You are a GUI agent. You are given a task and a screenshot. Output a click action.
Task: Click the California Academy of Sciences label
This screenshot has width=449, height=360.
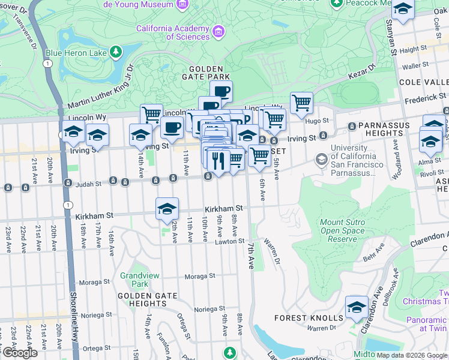tap(172, 32)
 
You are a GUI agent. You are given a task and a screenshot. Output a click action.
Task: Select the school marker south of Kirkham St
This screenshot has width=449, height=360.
tap(167, 209)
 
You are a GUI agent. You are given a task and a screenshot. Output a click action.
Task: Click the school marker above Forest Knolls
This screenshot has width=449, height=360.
tap(357, 308)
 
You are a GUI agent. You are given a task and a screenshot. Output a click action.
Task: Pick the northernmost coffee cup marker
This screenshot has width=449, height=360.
tap(221, 91)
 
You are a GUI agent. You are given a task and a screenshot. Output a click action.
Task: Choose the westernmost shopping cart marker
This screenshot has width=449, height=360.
tap(151, 113)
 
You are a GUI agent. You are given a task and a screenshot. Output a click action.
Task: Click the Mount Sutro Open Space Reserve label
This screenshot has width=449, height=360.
tap(343, 230)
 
